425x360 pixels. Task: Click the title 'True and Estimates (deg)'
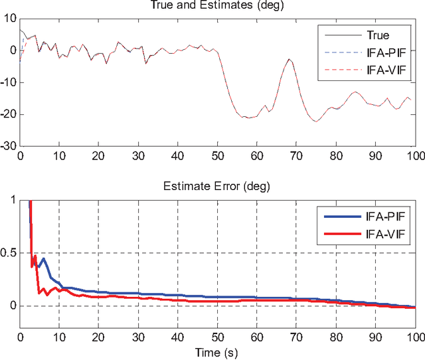pos(217,6)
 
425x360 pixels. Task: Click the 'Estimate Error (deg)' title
pos(217,188)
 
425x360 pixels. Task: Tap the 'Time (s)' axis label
pos(217,353)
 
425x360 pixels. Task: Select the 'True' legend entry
pos(377,35)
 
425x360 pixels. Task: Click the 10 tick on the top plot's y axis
pos(10,18)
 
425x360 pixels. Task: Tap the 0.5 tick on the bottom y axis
pos(8,252)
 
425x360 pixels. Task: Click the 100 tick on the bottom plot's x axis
pos(415,337)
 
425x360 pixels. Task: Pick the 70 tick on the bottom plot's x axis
pos(296,337)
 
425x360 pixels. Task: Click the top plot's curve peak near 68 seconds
pos(290,59)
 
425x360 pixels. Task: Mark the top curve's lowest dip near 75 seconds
pos(316,121)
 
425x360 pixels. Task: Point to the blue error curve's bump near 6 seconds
pos(43,259)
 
